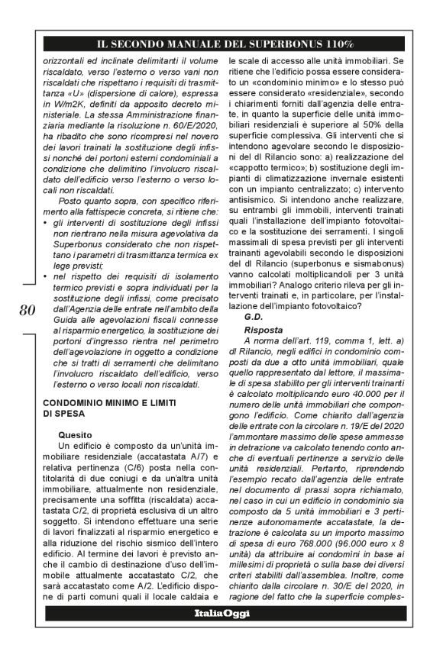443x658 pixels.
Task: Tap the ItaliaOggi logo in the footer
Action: pyautogui.click(x=221, y=613)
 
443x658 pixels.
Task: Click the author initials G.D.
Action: pyautogui.click(x=255, y=316)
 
